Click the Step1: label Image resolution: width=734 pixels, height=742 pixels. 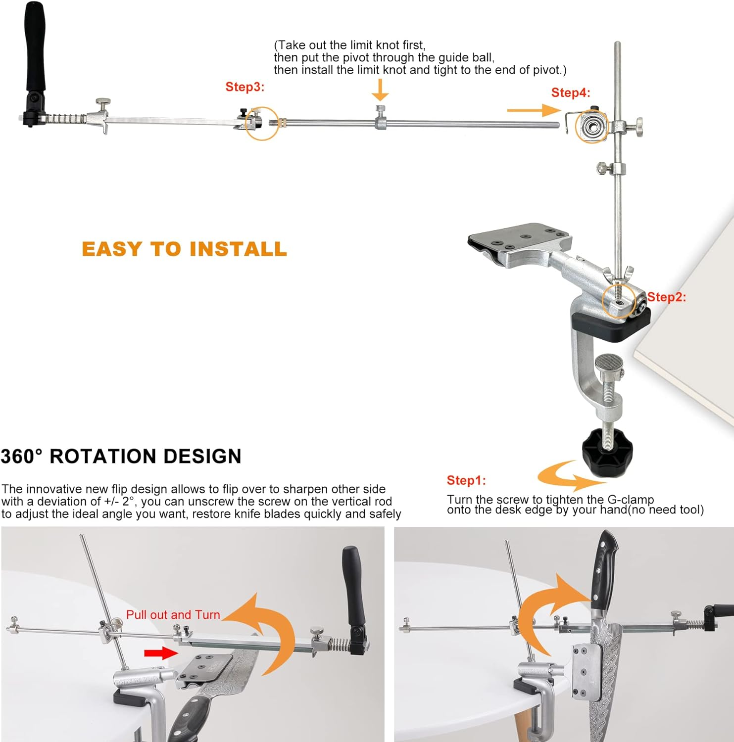[x=466, y=480]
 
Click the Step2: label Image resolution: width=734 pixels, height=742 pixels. [x=667, y=297]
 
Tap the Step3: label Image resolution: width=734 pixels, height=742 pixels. [x=245, y=87]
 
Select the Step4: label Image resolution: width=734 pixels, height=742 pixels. [x=571, y=93]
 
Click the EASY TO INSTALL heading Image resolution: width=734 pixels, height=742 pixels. [x=184, y=248]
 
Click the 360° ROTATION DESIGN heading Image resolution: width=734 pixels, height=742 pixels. [x=121, y=456]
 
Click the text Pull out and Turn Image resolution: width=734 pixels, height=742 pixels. [x=173, y=614]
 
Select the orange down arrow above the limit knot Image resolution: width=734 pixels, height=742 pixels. [x=380, y=90]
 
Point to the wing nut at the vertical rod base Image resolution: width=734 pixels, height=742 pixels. [x=619, y=274]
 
